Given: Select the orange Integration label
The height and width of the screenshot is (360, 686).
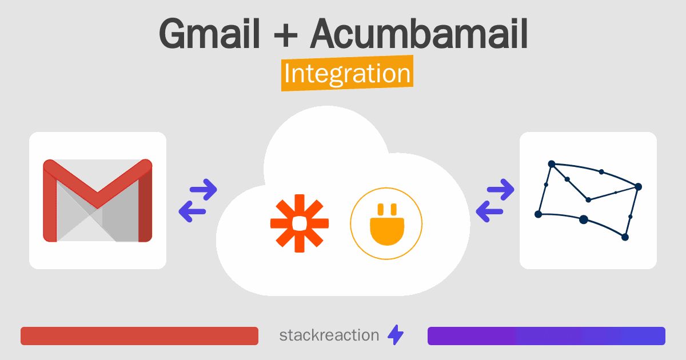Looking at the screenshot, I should coord(347,74).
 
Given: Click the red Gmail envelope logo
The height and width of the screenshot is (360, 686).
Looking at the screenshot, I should coord(98,201).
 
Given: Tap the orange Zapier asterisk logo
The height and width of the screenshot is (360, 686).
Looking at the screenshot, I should coord(299,223).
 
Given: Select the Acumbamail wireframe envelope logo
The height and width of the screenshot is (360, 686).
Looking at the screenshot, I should coord(588,200).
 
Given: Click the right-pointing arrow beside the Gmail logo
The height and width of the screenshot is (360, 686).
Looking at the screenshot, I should coord(204,189).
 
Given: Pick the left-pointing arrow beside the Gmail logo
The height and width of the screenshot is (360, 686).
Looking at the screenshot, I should coord(193,211).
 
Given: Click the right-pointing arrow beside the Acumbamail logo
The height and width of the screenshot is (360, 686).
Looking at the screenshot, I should coord(501,189).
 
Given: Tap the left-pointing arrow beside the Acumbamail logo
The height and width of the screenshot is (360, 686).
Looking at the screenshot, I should coord(489,211).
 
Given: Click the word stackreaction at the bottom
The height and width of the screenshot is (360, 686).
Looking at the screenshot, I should coord(329,335).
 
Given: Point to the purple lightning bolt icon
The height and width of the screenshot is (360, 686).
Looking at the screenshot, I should coord(396,335).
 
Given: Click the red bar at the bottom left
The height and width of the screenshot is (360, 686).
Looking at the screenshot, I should coord(139,336).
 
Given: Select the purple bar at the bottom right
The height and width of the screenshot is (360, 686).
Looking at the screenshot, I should coord(546,336).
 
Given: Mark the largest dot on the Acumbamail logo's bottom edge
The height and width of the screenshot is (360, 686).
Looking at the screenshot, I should coord(584,219).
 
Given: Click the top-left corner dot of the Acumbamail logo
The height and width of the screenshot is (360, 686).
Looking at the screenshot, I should coord(552,164).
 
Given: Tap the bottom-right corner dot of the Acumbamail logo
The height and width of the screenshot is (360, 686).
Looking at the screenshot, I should coord(625,237).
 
